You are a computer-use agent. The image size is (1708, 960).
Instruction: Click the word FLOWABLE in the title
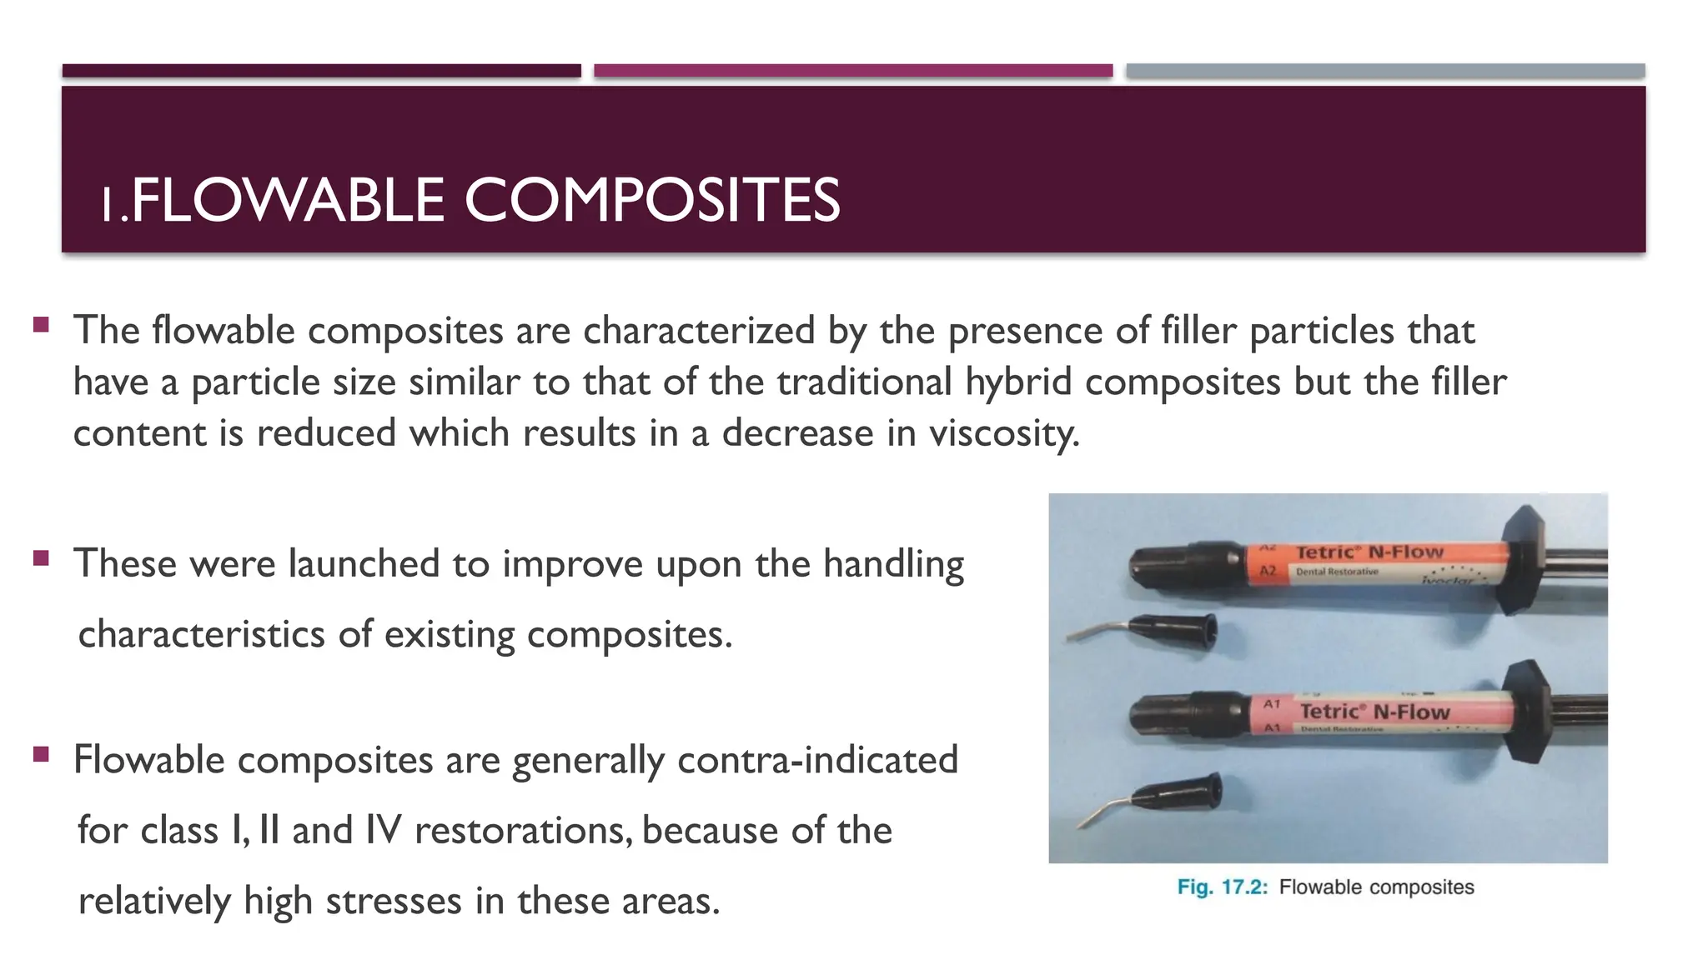(288, 201)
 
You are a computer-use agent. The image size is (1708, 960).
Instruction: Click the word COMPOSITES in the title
(651, 201)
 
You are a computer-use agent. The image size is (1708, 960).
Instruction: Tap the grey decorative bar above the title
(1385, 71)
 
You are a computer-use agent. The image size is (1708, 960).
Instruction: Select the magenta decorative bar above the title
(853, 71)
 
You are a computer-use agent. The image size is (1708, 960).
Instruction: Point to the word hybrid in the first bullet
(1017, 382)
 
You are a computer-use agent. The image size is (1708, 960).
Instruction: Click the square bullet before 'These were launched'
(41, 557)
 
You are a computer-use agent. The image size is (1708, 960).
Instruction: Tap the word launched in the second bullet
(364, 563)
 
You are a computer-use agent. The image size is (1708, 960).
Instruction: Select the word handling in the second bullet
(893, 565)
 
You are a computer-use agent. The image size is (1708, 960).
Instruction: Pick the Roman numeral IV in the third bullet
(383, 830)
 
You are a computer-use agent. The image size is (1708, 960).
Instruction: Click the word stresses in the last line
(394, 901)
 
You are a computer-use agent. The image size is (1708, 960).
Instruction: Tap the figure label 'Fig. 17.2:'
(1222, 887)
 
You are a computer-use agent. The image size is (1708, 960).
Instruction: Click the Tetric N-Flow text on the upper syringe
(1369, 552)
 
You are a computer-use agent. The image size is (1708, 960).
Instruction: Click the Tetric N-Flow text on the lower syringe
(1374, 712)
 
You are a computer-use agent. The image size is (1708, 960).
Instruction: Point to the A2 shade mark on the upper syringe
(1268, 571)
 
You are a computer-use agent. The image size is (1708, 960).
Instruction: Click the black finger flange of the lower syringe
(1530, 710)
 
